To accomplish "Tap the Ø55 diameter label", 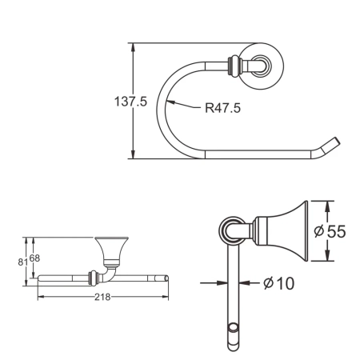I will pos(329,231).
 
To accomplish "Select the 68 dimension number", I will pos(34,257).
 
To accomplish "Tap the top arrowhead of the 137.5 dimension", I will pos(133,46).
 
